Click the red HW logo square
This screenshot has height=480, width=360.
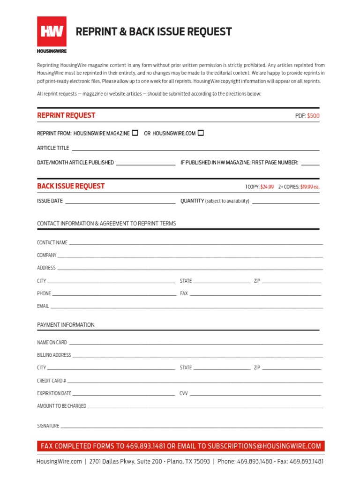(52, 31)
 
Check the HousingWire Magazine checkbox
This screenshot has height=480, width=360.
(135, 133)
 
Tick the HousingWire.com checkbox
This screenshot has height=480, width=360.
(201, 133)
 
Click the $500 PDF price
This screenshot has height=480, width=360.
(313, 116)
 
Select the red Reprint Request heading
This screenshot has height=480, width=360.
(66, 115)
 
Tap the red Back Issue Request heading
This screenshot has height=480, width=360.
(71, 186)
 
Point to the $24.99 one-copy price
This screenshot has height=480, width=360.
(267, 187)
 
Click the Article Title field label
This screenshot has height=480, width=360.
(53, 148)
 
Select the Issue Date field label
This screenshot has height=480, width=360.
(50, 201)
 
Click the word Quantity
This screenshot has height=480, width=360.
(192, 201)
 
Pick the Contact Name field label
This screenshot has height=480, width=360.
(52, 243)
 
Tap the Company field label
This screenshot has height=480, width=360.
(46, 255)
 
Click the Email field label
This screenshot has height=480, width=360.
(43, 306)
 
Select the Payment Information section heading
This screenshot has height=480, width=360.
(66, 325)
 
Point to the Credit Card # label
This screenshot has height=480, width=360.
(51, 381)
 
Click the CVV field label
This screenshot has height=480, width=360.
(183, 393)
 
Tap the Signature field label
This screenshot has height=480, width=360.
(48, 426)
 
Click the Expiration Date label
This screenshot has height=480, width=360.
(54, 393)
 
